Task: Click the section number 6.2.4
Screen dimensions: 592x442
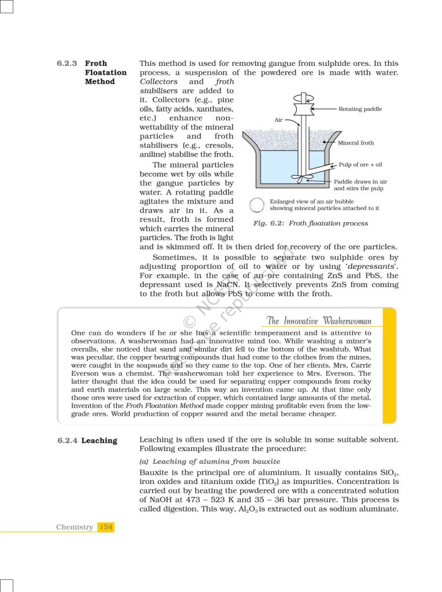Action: [67, 441]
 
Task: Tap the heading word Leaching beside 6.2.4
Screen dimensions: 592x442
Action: [99, 441]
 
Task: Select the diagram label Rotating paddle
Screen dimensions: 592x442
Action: [360, 109]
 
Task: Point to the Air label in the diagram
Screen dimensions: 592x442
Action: [278, 120]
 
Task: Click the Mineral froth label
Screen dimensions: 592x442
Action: [356, 143]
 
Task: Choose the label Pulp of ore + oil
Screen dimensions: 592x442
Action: [360, 165]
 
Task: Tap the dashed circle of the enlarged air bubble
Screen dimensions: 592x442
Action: [256, 205]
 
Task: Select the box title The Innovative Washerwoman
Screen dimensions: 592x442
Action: [319, 321]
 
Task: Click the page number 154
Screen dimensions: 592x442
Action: [106, 527]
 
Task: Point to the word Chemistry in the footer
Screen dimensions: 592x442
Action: [75, 527]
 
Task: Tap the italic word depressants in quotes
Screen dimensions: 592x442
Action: [371, 266]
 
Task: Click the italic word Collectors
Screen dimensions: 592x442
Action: [159, 82]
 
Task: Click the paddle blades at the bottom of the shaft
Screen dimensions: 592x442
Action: [301, 179]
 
